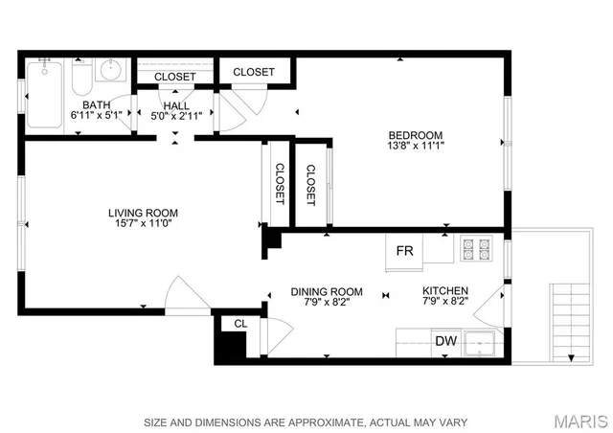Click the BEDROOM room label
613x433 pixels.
click(415, 134)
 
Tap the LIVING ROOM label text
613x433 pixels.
click(143, 213)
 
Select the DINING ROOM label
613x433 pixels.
click(327, 291)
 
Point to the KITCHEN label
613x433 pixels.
click(445, 291)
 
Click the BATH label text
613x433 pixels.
click(96, 104)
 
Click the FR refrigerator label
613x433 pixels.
click(405, 251)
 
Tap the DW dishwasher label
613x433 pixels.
click(445, 341)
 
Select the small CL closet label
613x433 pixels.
click(240, 324)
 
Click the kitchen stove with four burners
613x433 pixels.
click(476, 249)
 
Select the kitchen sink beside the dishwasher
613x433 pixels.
click(477, 342)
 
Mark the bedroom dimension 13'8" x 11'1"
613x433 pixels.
click(415, 147)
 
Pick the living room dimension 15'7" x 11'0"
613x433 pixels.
click(143, 225)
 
